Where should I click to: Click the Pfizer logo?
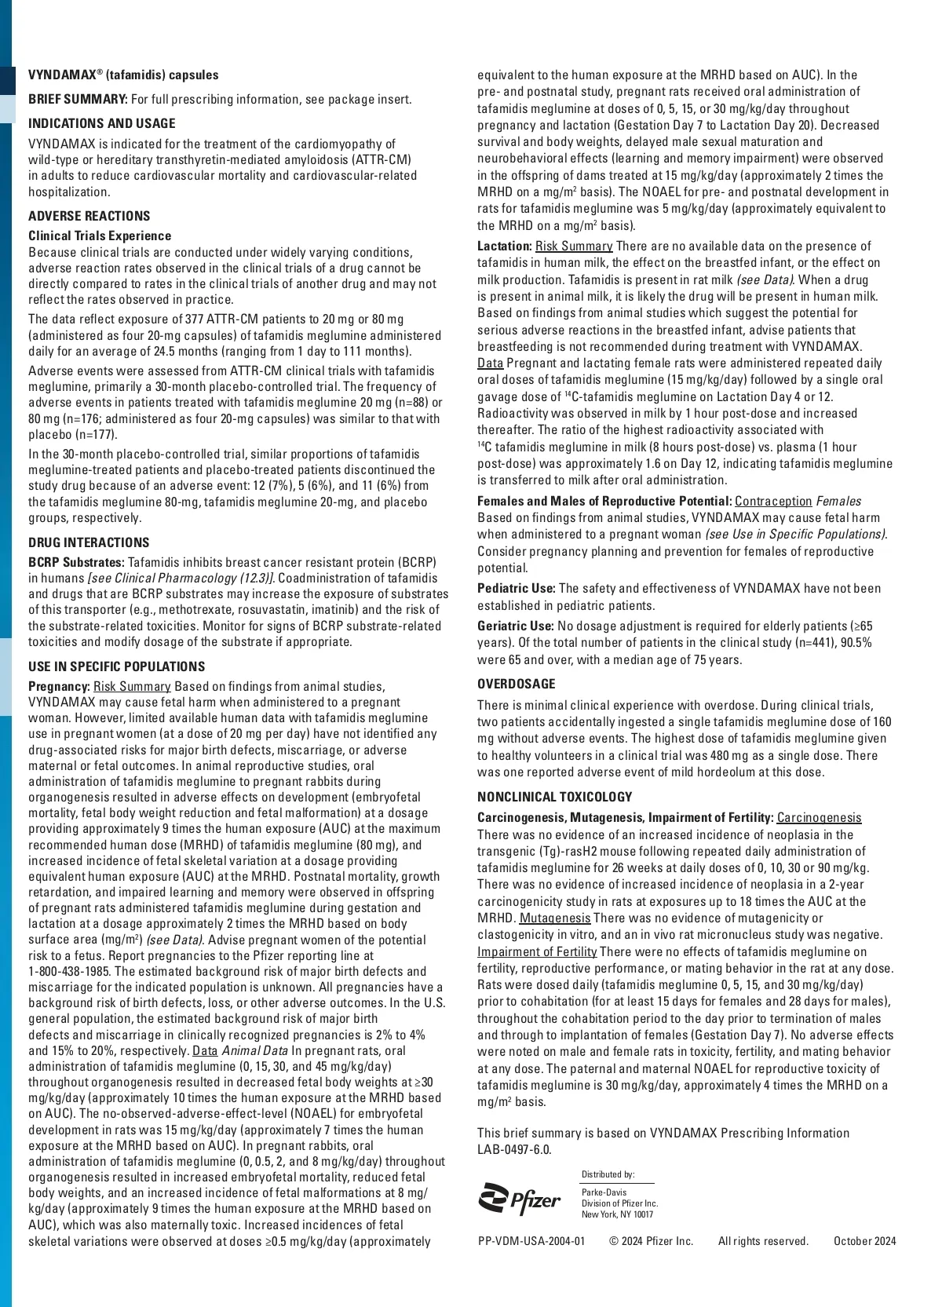(520, 1199)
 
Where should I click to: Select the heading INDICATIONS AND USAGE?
(102, 124)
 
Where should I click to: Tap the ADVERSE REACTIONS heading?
(89, 217)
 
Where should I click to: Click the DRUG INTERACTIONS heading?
(89, 543)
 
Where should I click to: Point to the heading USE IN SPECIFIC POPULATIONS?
(117, 667)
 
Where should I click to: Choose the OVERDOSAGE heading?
(517, 685)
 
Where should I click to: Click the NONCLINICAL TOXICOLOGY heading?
(555, 798)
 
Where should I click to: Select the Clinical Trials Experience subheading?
(100, 236)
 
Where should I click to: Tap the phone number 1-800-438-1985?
(68, 972)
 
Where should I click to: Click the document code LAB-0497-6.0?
(514, 1150)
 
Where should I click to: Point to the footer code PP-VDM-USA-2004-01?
(531, 1241)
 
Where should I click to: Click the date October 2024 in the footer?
(864, 1241)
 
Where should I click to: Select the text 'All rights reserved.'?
(763, 1241)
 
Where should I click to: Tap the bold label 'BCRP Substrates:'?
(77, 563)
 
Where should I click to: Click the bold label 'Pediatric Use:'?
(517, 589)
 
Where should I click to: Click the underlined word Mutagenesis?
(555, 918)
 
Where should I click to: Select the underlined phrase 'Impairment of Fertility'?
(537, 952)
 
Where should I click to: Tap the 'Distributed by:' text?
(608, 1174)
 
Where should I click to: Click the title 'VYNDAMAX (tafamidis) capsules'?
(124, 75)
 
